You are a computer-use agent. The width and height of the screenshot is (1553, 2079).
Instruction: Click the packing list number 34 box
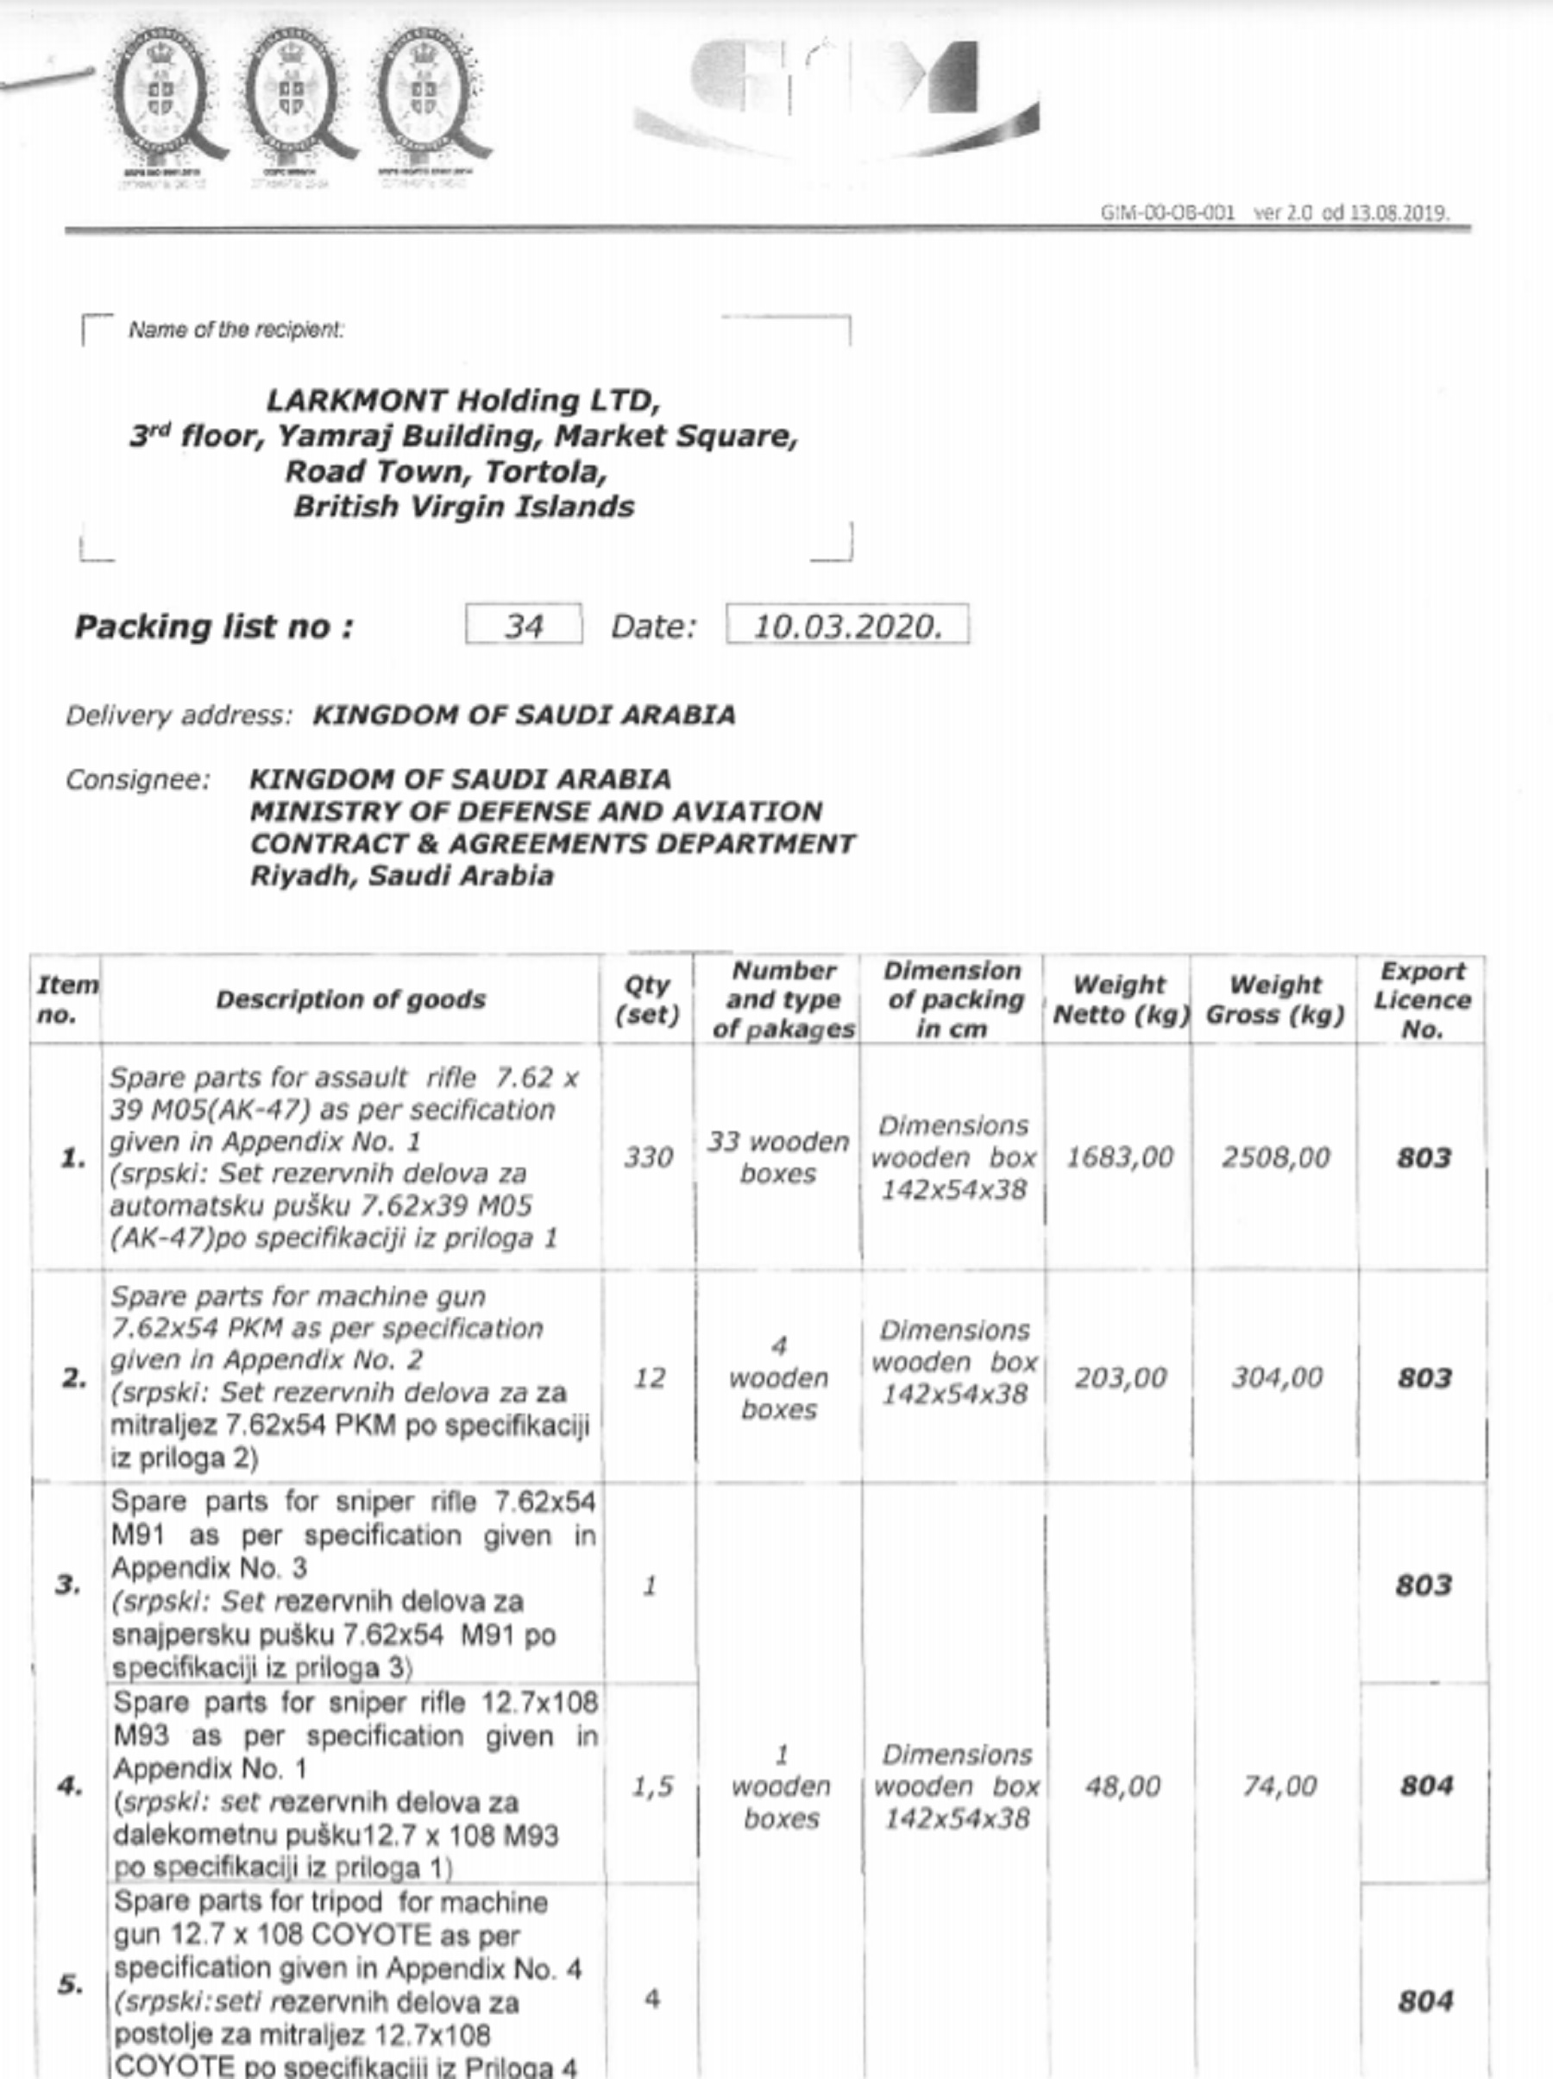click(x=524, y=625)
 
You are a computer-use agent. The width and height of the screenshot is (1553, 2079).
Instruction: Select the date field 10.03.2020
click(x=846, y=625)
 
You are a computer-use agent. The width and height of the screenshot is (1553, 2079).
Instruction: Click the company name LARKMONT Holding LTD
click(x=463, y=400)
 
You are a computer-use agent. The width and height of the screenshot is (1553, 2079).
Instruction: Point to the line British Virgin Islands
click(x=463, y=507)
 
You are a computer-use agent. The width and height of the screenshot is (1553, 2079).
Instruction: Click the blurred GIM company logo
click(x=836, y=94)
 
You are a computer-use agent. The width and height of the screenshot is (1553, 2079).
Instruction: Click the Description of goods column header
click(x=349, y=999)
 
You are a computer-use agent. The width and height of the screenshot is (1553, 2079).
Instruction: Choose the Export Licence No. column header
click(x=1422, y=999)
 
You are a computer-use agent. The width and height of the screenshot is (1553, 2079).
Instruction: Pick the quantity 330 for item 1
click(x=648, y=1157)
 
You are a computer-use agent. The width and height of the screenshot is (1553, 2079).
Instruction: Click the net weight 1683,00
click(x=1119, y=1157)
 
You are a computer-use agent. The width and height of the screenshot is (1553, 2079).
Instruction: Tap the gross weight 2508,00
click(x=1275, y=1157)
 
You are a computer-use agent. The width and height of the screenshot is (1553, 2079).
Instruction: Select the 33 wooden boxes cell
click(x=778, y=1157)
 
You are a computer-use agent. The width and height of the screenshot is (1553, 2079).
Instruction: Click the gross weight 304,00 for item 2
click(x=1277, y=1378)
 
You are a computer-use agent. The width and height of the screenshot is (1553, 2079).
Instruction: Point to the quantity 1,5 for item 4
click(x=651, y=1786)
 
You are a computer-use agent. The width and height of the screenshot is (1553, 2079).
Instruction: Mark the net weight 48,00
click(x=1122, y=1786)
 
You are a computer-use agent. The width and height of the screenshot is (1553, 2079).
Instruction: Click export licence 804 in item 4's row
click(x=1425, y=1786)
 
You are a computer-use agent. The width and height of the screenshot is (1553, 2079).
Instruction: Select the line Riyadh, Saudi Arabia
click(x=401, y=876)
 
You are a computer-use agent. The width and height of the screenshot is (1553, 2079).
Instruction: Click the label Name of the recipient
click(x=236, y=330)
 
